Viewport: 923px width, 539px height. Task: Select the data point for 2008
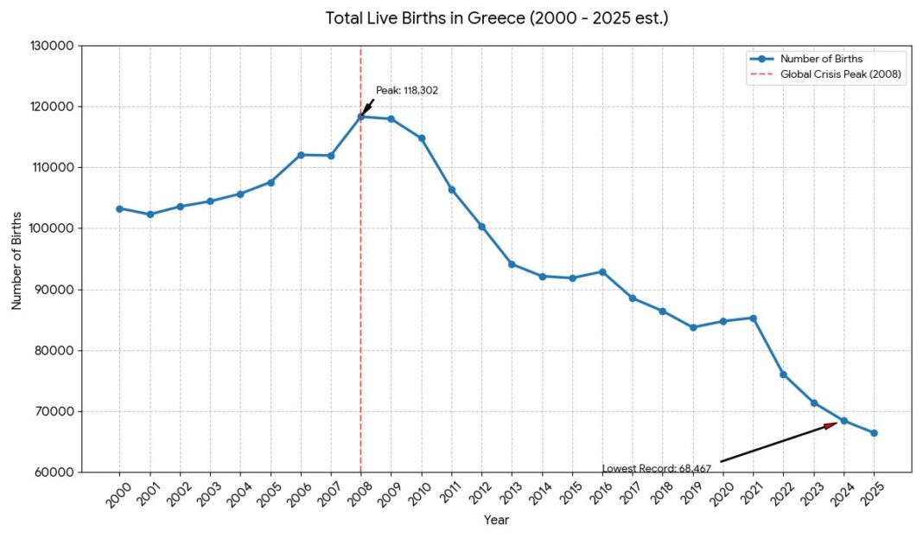pos(360,116)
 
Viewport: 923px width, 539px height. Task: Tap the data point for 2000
pos(119,209)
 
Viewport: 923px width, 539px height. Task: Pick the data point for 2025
pos(874,433)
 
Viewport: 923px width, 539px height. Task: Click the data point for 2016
pos(602,272)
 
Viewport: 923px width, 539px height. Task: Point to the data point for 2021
pos(753,318)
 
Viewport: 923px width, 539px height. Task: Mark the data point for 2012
pos(481,227)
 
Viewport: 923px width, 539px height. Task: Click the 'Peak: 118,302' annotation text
pos(407,90)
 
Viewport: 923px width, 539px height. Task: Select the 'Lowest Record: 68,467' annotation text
pos(657,468)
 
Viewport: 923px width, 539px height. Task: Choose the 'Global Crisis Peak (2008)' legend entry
pos(840,74)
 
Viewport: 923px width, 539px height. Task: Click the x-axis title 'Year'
pos(496,520)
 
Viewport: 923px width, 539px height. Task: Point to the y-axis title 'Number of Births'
pos(16,259)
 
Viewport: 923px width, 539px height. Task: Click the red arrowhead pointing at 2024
pos(831,424)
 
